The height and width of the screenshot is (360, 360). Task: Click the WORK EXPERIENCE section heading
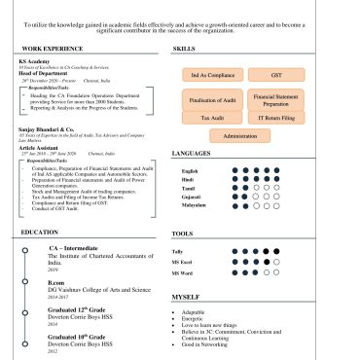click(x=51, y=48)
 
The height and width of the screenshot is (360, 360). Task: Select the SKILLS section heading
click(x=183, y=48)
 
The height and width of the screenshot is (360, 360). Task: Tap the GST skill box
click(x=277, y=74)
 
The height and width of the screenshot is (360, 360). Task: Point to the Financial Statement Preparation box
click(x=277, y=99)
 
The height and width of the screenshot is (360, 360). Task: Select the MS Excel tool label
click(x=182, y=263)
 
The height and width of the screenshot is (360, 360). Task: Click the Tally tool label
click(x=177, y=252)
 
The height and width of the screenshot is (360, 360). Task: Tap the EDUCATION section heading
click(x=40, y=233)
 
